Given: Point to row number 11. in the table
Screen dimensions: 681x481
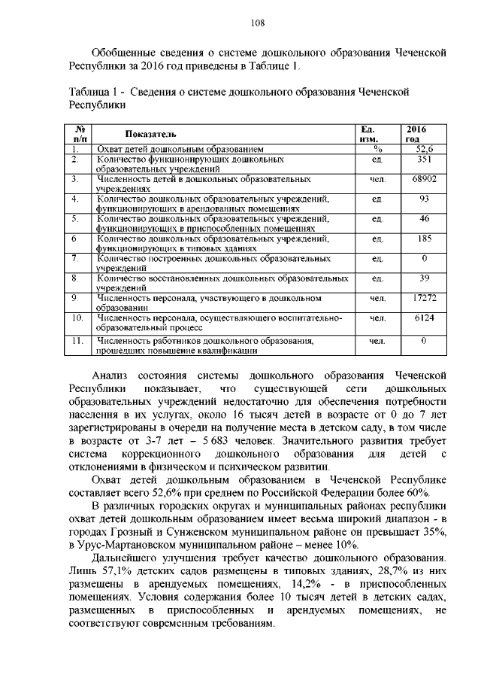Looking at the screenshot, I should tap(76, 341).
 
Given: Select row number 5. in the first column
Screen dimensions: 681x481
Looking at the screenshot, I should tap(75, 218).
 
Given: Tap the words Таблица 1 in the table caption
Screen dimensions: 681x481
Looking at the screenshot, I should tap(92, 91).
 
